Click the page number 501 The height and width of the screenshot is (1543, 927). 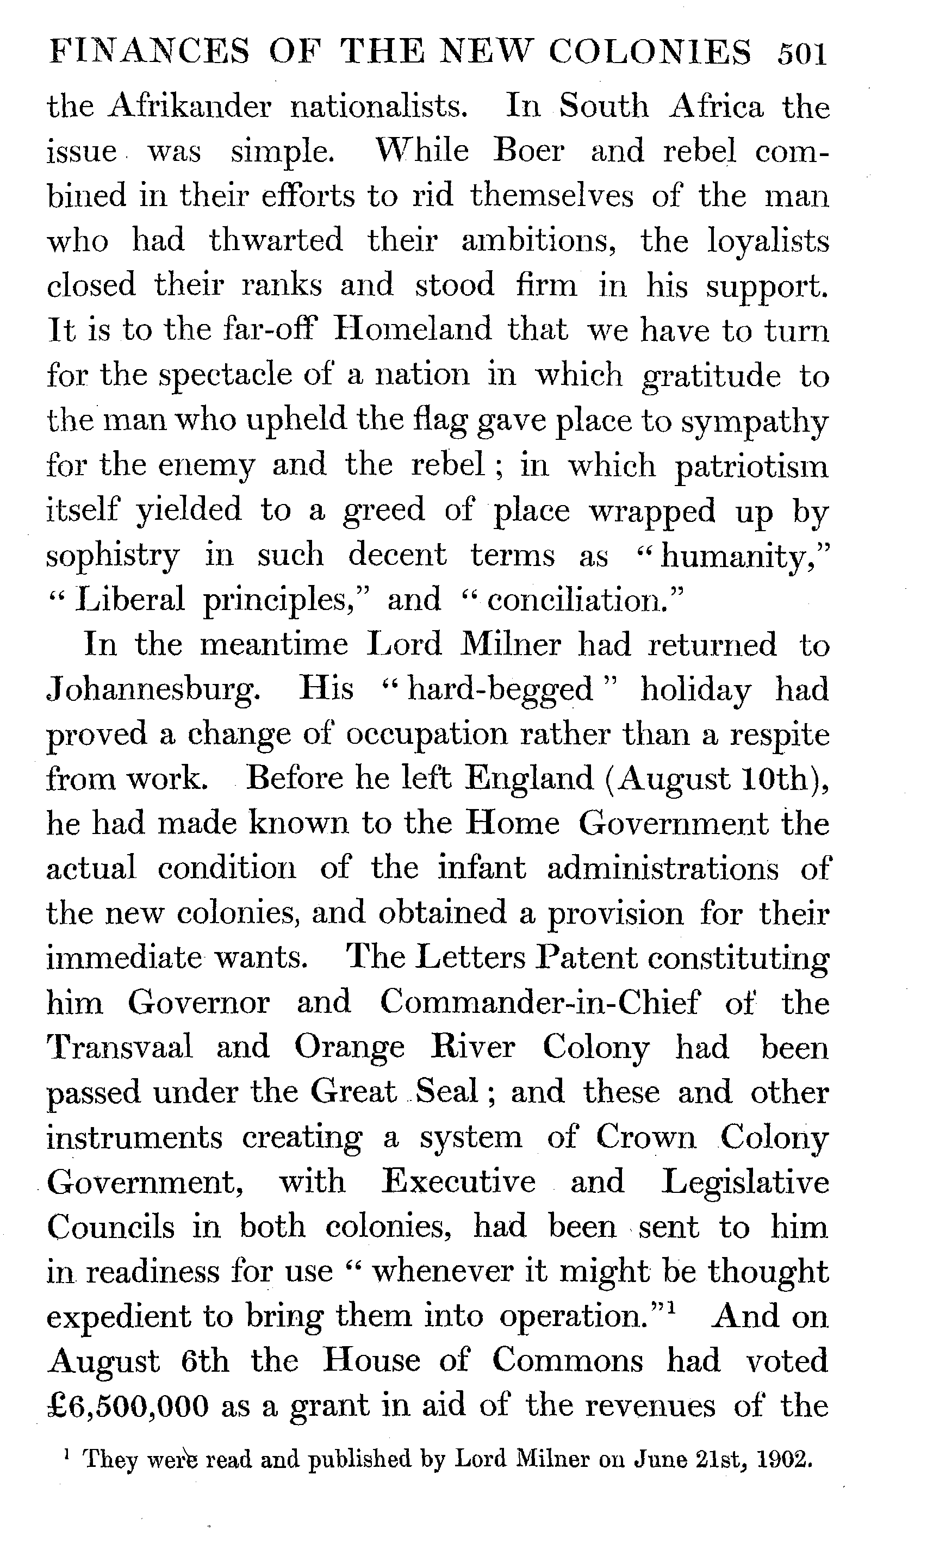801,54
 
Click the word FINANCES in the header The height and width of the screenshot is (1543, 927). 148,53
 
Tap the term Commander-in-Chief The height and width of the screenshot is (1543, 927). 540,1003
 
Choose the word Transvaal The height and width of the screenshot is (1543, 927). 120,1048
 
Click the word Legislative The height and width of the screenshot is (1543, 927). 745,1181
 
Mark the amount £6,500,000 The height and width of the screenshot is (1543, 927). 129,1405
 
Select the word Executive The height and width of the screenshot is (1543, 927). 459,1181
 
